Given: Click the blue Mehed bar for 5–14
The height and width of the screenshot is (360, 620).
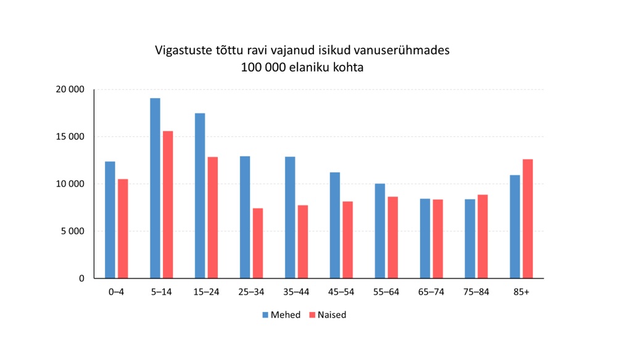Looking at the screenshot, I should tap(155, 188).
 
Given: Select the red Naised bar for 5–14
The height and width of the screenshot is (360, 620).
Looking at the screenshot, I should tap(168, 205).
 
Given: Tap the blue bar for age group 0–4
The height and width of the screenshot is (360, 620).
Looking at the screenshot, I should tap(110, 220).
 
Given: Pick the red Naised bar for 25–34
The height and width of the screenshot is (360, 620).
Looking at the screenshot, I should tap(258, 243).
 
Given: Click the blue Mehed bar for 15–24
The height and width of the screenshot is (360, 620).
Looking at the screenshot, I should tap(200, 195).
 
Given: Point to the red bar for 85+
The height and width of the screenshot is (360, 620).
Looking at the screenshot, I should tap(527, 219).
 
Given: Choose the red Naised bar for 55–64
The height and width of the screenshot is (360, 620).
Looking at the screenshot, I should tap(392, 237).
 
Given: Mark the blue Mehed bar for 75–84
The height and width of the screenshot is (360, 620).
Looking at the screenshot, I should tap(470, 239).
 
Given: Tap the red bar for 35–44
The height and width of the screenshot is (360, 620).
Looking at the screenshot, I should tap(302, 242).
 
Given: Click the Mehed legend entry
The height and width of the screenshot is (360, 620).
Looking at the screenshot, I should tap(281, 315).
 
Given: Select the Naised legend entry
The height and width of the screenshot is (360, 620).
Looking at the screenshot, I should tap(328, 315).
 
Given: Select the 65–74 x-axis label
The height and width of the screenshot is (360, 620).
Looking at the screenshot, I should tap(431, 292).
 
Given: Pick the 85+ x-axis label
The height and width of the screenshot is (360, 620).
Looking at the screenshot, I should tap(521, 292).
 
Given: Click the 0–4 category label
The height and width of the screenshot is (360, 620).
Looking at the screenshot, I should tap(116, 292).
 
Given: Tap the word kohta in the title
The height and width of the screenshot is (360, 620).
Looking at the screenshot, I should tap(346, 68).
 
